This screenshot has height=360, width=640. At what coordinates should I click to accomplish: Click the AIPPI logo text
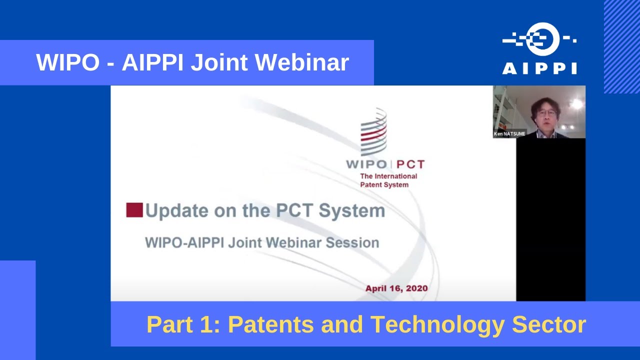pyautogui.click(x=539, y=68)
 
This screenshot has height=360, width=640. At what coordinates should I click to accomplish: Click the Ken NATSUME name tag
pyautogui.click(x=509, y=134)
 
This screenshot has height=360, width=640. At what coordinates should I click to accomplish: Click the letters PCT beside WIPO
pyautogui.click(x=411, y=164)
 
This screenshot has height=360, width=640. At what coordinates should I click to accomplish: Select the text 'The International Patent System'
pyautogui.click(x=388, y=180)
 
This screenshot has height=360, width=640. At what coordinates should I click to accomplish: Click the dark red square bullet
pyautogui.click(x=134, y=210)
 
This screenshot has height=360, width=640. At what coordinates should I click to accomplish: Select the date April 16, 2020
pyautogui.click(x=396, y=288)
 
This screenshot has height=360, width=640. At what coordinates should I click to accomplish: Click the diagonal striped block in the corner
pyautogui.click(x=621, y=46)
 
